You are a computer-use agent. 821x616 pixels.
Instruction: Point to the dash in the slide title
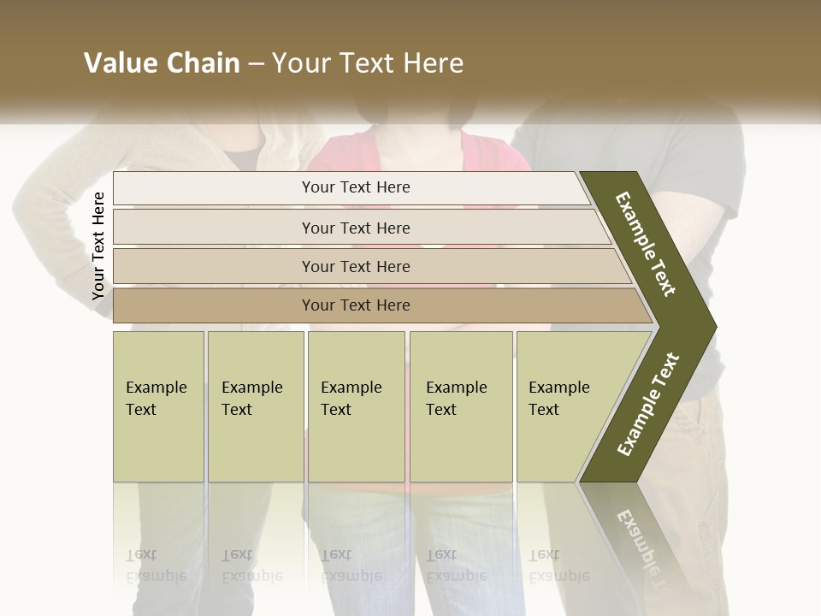coord(256,64)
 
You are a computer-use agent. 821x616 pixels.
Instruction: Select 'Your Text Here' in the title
coord(368,63)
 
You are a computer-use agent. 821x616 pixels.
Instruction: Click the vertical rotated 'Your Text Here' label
coord(98,246)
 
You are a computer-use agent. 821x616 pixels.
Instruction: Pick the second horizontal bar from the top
coord(356,228)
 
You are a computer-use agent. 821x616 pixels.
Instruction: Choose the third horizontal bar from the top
coord(356,266)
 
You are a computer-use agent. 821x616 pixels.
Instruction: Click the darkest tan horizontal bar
coord(356,305)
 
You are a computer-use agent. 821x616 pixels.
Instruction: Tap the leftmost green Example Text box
coord(158,406)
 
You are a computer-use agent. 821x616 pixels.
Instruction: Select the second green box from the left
coord(255,406)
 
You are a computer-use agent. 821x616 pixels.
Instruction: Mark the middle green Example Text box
coord(356,406)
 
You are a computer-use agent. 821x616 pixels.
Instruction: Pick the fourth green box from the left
coord(460,406)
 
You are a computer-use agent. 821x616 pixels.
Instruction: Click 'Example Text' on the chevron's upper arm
coord(646,244)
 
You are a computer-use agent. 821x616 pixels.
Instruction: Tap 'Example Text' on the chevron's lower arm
coord(647,405)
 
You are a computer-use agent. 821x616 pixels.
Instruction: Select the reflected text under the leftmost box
coord(157,566)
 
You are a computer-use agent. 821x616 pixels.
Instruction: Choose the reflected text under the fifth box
coord(558,566)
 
